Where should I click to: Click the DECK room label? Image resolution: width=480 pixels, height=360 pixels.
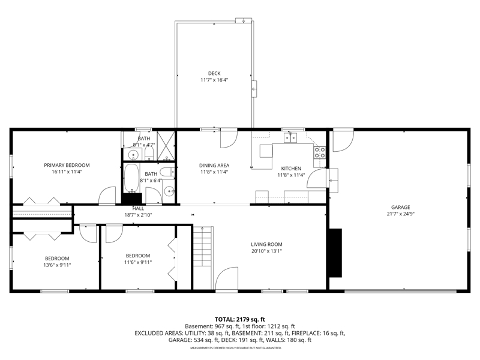point(214,73)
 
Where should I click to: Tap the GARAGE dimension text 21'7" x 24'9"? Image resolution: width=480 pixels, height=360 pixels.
point(400,214)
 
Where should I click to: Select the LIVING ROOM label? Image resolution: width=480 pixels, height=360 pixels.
point(266,244)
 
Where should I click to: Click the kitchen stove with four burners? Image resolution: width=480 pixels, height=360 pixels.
point(320,152)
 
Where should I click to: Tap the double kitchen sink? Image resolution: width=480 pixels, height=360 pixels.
point(290,138)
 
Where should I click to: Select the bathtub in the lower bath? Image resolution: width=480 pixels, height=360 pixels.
point(131,178)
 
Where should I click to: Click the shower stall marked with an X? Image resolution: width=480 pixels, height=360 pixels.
point(166,145)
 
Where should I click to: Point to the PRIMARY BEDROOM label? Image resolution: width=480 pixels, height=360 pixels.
point(67,166)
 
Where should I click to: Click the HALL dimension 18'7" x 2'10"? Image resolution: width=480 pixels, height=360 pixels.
point(138,215)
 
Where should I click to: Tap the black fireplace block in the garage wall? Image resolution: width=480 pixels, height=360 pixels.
point(335,253)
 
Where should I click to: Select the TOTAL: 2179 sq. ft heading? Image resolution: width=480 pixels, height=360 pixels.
point(239,320)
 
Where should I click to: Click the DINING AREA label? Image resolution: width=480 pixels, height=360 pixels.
point(214,166)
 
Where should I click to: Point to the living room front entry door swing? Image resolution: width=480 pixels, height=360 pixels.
point(227,278)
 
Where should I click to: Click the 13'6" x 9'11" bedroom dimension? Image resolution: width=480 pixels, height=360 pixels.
point(57,265)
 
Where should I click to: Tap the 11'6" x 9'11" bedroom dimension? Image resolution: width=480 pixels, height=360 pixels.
point(138,262)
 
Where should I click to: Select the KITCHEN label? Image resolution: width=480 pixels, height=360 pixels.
point(291,169)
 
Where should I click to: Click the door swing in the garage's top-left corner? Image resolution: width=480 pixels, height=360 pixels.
point(343,142)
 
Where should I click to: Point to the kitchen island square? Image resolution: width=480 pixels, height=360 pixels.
point(266,151)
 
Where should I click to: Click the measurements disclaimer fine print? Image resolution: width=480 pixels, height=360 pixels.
point(236,348)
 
